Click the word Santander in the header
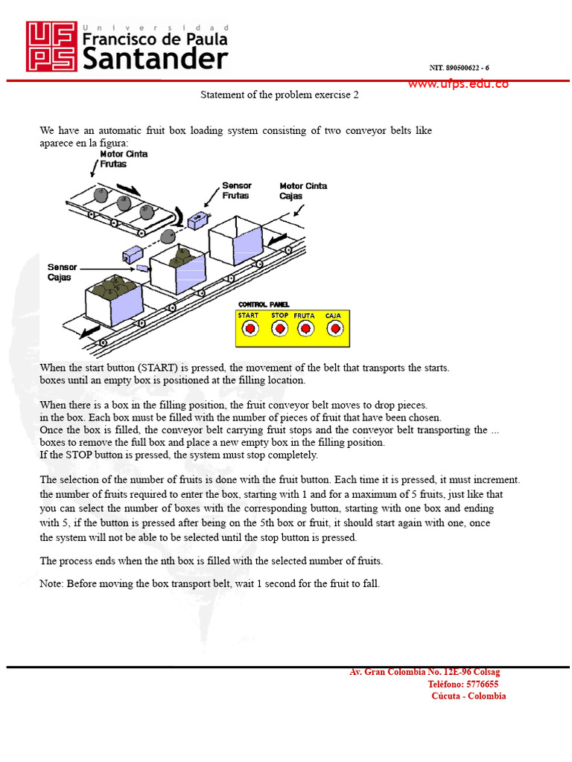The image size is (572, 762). click(x=154, y=58)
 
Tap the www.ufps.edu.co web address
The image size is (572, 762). click(x=458, y=83)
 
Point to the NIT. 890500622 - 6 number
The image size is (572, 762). click(x=459, y=68)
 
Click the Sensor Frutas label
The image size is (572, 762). click(x=237, y=190)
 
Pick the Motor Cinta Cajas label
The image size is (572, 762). click(x=303, y=190)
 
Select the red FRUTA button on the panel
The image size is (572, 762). click(x=304, y=328)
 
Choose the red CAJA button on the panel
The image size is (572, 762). click(x=334, y=328)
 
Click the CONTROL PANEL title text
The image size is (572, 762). click(x=264, y=305)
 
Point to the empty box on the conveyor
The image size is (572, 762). click(x=236, y=237)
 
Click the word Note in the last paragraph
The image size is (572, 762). click(x=51, y=584)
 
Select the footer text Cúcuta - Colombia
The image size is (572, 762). click(x=468, y=697)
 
